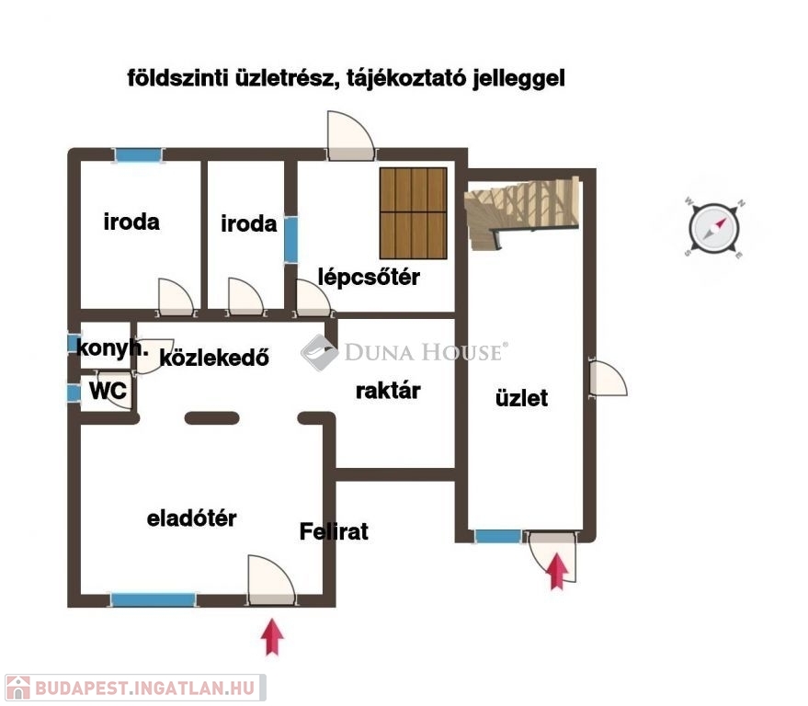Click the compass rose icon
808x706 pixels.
click(714, 228)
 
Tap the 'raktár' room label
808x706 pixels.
click(388, 391)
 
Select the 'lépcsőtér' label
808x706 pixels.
click(369, 278)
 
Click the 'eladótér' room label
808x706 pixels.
click(192, 518)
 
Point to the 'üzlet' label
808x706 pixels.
click(521, 398)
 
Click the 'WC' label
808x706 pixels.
click(108, 391)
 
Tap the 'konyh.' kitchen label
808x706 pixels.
click(112, 347)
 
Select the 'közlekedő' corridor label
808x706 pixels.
click(214, 357)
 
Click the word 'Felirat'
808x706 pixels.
click(334, 531)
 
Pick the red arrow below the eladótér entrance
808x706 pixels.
click(272, 637)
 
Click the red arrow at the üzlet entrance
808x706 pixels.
click(557, 571)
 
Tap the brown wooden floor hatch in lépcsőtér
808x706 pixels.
click(414, 213)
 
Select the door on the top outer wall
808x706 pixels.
click(351, 136)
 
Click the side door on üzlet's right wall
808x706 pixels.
click(608, 379)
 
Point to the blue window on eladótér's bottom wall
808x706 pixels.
click(154, 600)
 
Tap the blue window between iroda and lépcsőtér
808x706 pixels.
click(291, 240)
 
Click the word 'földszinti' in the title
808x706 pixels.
click(177, 78)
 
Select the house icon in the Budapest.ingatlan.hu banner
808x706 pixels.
click(18, 688)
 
